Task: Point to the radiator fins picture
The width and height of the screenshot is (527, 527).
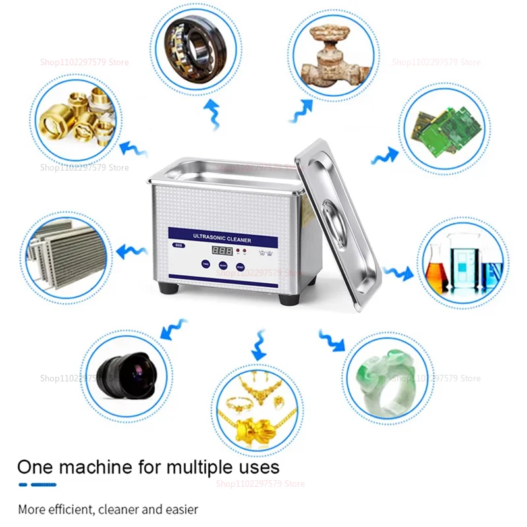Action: point(66,252)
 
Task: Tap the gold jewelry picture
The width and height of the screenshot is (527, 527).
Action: point(257,410)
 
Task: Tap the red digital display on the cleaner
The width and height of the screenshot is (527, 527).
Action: point(223,252)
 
